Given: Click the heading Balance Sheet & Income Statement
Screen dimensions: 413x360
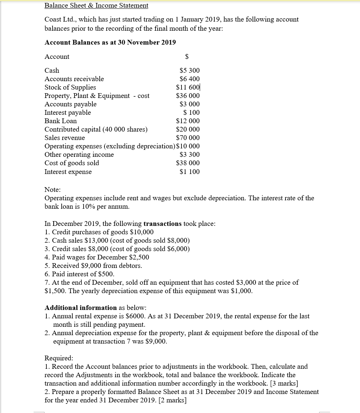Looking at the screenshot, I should [x=96, y=5].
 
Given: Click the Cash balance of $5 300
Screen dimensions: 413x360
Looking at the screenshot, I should [x=189, y=71].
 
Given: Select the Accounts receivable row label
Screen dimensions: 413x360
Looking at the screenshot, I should [x=74, y=79].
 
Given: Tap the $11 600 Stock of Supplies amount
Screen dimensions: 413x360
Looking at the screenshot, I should [x=188, y=87].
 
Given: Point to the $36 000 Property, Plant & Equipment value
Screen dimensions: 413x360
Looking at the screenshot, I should [x=188, y=96].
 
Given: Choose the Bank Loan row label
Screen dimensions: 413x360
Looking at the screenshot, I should [x=61, y=121].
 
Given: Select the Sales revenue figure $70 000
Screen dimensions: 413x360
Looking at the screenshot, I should [x=188, y=138].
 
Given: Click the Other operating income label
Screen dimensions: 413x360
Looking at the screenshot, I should [x=79, y=155].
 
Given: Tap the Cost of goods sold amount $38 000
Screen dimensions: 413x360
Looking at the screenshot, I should [x=188, y=163].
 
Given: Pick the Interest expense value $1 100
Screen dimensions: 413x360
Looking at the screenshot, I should [x=189, y=172].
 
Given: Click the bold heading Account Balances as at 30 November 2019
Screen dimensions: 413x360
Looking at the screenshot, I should [x=110, y=42].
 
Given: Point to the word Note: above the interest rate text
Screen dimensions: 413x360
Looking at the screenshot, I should [x=53, y=190].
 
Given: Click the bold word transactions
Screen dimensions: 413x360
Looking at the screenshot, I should [x=162, y=224].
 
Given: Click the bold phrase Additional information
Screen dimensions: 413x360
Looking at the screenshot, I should [x=81, y=308].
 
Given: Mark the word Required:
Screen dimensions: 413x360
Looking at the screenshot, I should [x=58, y=358].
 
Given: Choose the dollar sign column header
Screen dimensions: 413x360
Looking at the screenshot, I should [x=187, y=57].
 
